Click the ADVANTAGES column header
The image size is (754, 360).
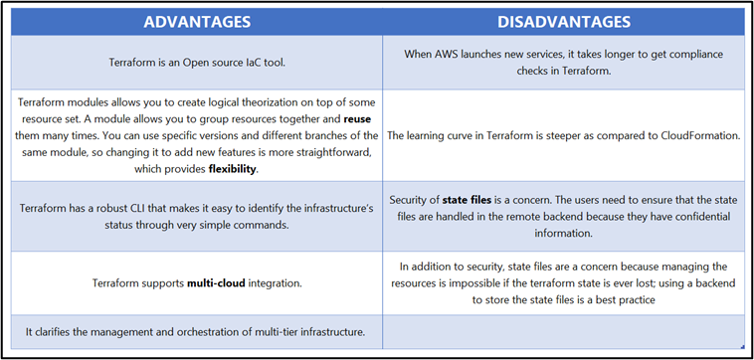coord(197,21)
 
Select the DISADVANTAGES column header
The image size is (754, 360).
coord(563,21)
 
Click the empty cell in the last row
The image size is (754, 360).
coord(563,331)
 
